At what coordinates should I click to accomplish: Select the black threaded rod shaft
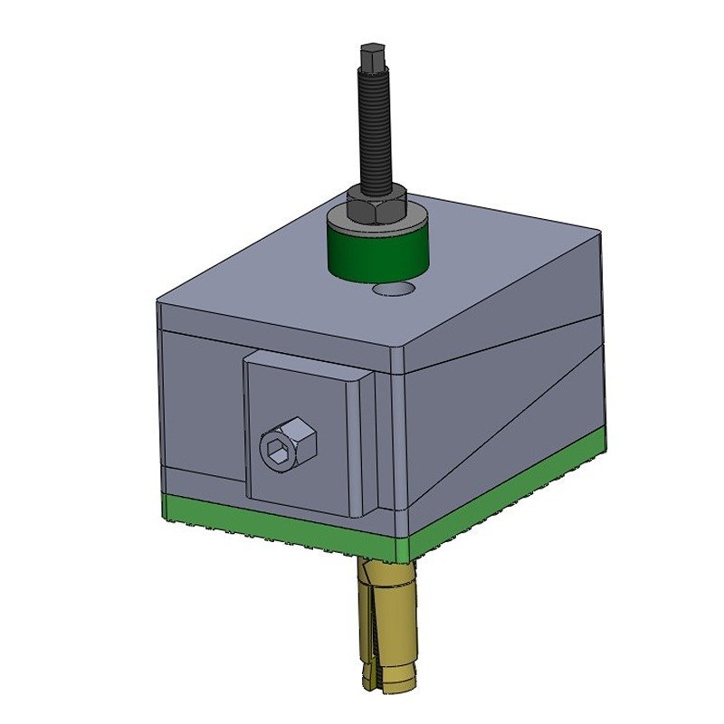[375, 127]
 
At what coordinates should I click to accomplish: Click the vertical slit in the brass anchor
[371, 633]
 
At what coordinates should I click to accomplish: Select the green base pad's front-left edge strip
[271, 520]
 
